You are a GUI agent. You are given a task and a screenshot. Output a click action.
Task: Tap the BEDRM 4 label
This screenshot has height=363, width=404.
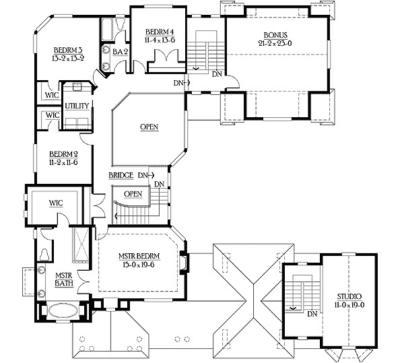click(x=161, y=31)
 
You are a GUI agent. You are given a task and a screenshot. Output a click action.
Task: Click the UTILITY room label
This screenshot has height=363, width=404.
click(x=77, y=106)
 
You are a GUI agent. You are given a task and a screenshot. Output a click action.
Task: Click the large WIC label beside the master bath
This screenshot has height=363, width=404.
click(x=55, y=202)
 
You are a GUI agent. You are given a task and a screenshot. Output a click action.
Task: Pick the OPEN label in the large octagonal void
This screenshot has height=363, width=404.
click(x=149, y=127)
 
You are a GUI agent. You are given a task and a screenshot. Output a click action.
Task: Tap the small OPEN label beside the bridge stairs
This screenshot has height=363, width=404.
click(x=133, y=195)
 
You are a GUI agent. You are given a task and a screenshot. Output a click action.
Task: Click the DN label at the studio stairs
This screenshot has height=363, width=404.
click(x=312, y=314)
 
